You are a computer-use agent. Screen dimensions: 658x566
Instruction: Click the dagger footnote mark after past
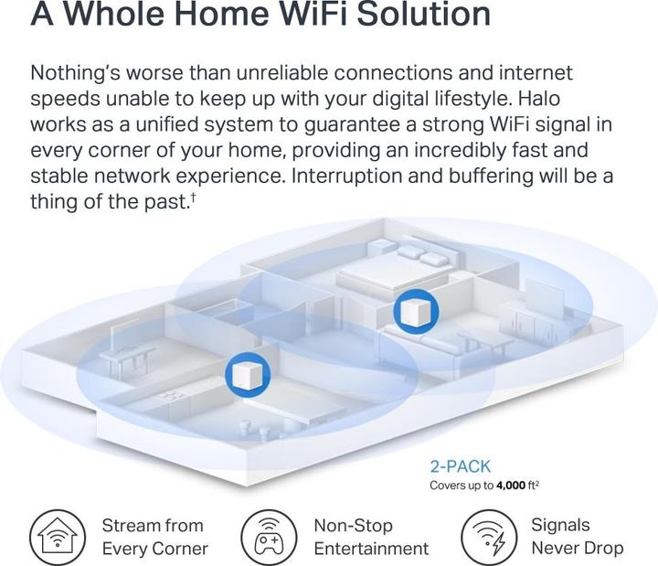point(193,196)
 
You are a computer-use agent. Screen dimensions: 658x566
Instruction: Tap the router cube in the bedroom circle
point(416,312)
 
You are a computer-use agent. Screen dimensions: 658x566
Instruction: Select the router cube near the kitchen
point(248,375)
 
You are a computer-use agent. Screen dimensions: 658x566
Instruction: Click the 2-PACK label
point(460,466)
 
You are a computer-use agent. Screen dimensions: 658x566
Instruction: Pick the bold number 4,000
point(511,486)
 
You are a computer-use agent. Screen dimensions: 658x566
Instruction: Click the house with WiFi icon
point(58,537)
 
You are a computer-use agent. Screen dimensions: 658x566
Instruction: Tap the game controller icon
point(269,537)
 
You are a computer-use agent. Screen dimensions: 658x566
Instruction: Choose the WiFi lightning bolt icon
point(489,537)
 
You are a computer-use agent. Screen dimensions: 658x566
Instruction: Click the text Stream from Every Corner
point(154,537)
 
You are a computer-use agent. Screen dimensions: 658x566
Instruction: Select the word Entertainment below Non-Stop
point(371,549)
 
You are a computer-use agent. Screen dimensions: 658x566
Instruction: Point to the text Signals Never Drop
point(577,536)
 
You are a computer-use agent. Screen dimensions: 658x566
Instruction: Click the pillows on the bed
point(422,256)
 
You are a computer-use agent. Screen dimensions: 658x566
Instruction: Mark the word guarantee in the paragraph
point(352,124)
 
